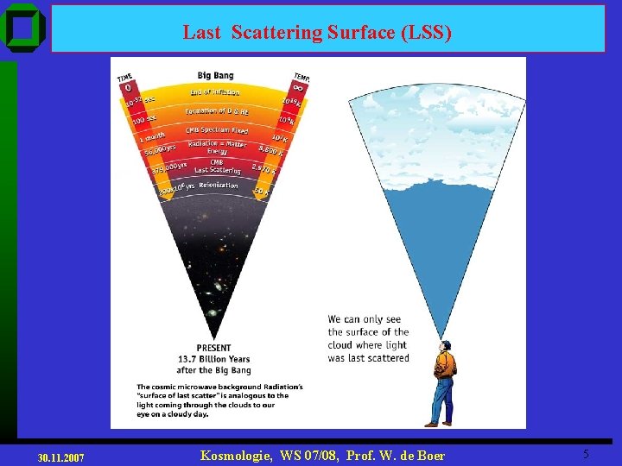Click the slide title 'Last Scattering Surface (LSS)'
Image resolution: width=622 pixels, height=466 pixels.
pyautogui.click(x=316, y=33)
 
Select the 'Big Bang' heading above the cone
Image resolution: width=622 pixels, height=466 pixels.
pyautogui.click(x=215, y=76)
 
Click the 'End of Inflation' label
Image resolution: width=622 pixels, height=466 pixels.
pyautogui.click(x=215, y=92)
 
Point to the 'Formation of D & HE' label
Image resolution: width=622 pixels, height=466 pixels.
pyautogui.click(x=216, y=111)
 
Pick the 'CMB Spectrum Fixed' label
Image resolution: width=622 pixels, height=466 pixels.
pyautogui.click(x=216, y=130)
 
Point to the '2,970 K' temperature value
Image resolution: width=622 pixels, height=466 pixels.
pyautogui.click(x=263, y=168)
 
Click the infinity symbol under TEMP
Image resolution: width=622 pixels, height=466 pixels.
pyautogui.click(x=298, y=88)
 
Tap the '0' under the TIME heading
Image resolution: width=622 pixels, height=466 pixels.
pyautogui.click(x=127, y=88)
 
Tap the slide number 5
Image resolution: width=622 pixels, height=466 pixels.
pyautogui.click(x=586, y=454)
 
